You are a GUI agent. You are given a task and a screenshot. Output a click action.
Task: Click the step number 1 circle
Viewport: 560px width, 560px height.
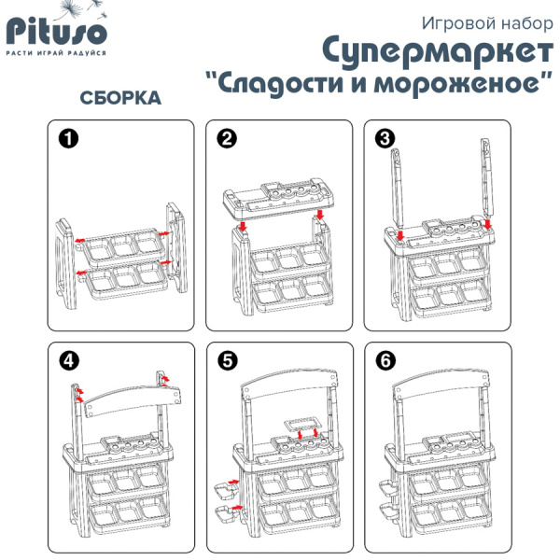[66, 140]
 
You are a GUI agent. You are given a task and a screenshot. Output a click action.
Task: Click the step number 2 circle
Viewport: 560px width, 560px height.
[226, 140]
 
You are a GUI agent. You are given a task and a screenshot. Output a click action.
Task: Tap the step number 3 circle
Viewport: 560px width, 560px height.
[384, 140]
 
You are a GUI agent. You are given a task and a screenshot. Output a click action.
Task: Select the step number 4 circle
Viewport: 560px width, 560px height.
[66, 360]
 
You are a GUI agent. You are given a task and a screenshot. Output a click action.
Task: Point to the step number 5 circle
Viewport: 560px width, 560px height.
[226, 360]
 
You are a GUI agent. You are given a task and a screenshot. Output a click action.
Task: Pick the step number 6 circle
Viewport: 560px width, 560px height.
[384, 360]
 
